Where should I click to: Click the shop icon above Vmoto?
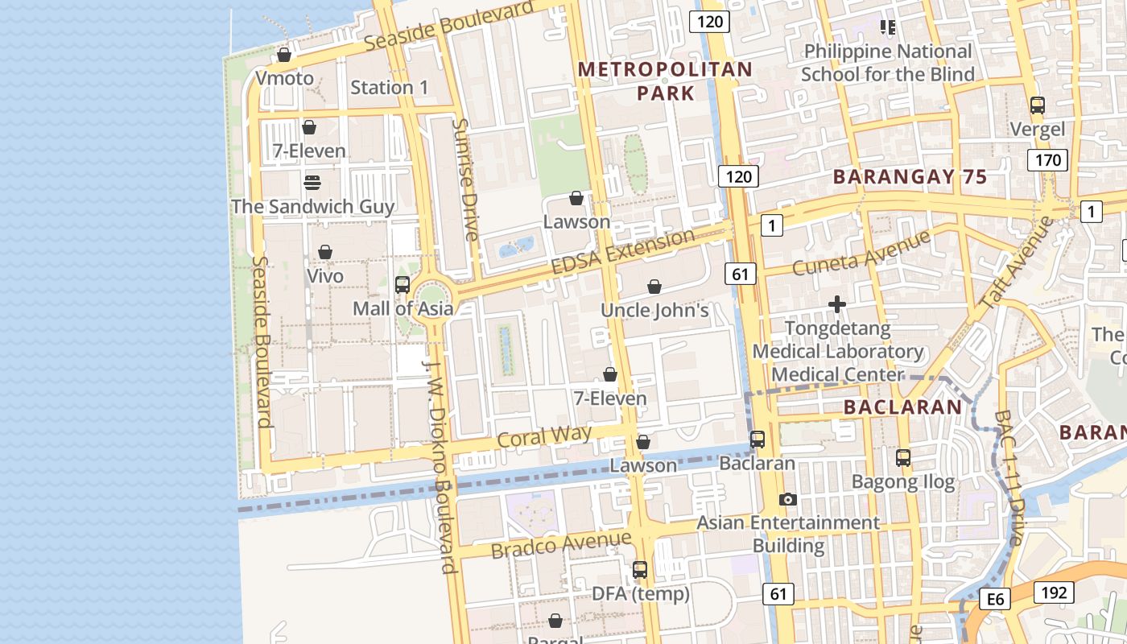(x=283, y=55)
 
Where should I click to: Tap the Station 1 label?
(x=390, y=87)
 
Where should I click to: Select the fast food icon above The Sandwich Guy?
(x=312, y=182)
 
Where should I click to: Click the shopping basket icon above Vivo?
(x=325, y=252)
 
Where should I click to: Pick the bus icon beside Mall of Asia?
(x=402, y=284)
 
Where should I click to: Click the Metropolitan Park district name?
(x=665, y=81)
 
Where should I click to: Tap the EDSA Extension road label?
(x=622, y=252)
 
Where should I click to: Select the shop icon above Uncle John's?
(x=654, y=287)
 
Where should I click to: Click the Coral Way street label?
(x=544, y=436)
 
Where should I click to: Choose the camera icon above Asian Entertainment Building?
(x=788, y=499)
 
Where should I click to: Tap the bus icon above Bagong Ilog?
(x=903, y=458)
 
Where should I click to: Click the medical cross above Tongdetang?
(x=837, y=304)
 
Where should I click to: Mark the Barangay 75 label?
(x=910, y=177)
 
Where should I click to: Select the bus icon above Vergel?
(x=1038, y=105)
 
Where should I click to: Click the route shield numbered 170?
(x=1047, y=159)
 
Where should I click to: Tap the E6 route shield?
(x=996, y=599)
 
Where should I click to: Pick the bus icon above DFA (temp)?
(x=640, y=570)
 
